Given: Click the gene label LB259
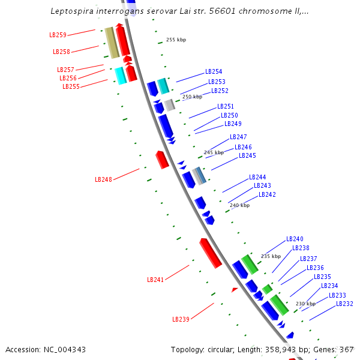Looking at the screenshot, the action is [x=58, y=35].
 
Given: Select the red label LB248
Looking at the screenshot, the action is [x=103, y=179].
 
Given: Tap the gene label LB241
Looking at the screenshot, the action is [x=155, y=280].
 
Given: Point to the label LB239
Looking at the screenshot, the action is [x=181, y=319].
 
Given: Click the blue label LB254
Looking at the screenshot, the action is [x=214, y=71].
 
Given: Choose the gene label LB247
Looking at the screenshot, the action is [x=238, y=137].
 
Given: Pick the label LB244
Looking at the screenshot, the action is [x=257, y=177].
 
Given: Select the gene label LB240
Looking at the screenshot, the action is [x=295, y=239].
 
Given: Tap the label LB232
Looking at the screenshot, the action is [x=344, y=304].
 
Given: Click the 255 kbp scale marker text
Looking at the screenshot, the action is [x=176, y=40].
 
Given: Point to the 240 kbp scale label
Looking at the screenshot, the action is [x=239, y=205].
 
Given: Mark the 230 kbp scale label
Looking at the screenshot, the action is [x=305, y=304].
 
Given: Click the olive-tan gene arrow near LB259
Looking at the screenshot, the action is [x=111, y=42].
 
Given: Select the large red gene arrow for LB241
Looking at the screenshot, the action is [x=211, y=252].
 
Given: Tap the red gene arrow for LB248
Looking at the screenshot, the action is [x=161, y=160].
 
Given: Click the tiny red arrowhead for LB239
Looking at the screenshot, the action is [x=235, y=290].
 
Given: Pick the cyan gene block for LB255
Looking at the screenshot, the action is [x=121, y=76].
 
